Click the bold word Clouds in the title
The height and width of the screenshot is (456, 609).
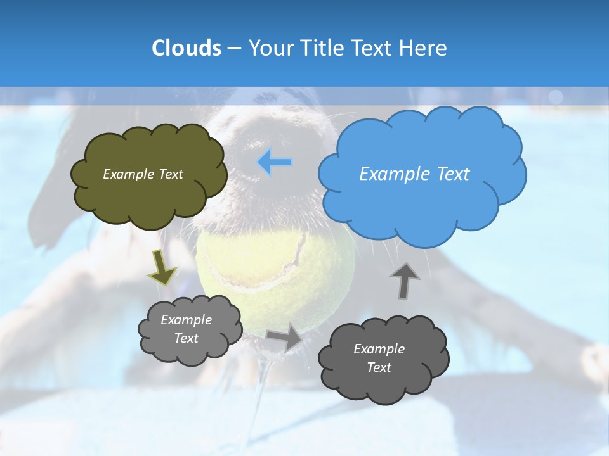coord(186,48)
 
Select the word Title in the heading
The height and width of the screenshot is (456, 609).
coord(321,48)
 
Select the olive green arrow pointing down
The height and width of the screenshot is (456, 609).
coord(162,267)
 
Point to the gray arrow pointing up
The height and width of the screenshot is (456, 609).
coord(405,281)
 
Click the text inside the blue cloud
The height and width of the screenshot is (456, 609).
coord(414,174)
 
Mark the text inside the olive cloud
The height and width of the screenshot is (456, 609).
coord(143,174)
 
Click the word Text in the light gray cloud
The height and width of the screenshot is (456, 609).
coord(187,338)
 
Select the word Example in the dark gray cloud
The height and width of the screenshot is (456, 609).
coord(379,349)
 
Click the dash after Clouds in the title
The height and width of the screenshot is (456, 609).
coord(234,48)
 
